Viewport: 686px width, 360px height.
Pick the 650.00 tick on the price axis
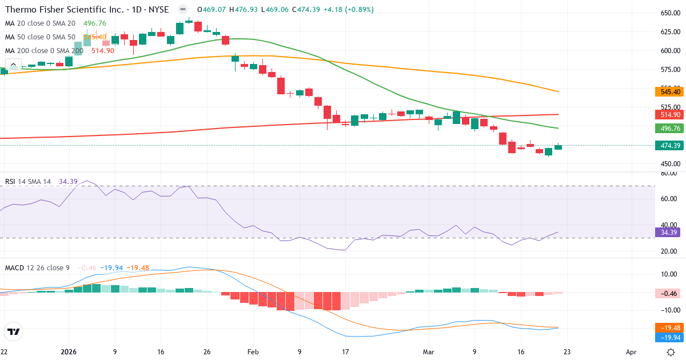pos(669,13)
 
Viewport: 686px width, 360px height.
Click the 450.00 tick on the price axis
pos(669,164)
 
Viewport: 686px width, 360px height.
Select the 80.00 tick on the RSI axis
pos(669,173)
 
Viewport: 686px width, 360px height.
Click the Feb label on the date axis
pos(253,353)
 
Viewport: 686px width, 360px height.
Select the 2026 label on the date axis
pos(69,353)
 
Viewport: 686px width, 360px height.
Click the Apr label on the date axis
pos(631,353)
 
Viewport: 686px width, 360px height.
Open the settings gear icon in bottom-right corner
pos(671,353)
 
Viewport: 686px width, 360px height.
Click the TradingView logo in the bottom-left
pos(13,331)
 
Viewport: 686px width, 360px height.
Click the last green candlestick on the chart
pos(558,147)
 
